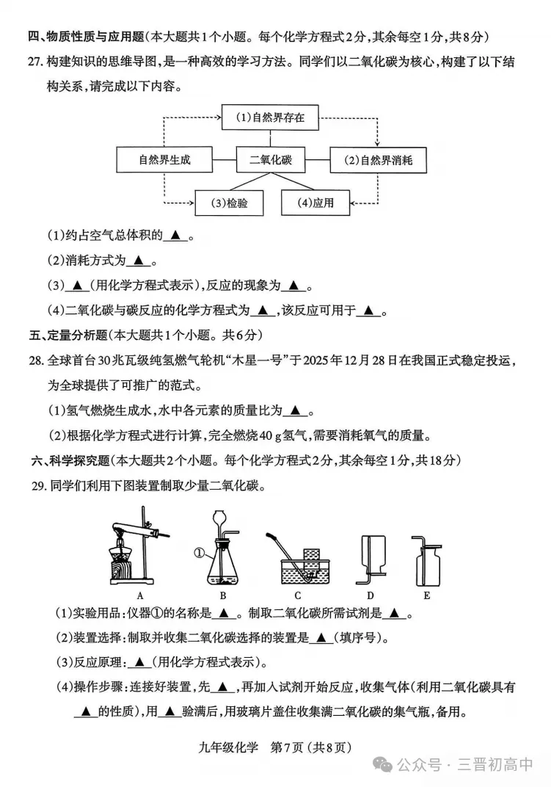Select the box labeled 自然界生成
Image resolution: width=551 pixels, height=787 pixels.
164,159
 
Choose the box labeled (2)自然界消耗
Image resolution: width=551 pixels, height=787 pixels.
378,159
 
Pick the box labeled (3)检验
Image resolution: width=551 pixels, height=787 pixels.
228,203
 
